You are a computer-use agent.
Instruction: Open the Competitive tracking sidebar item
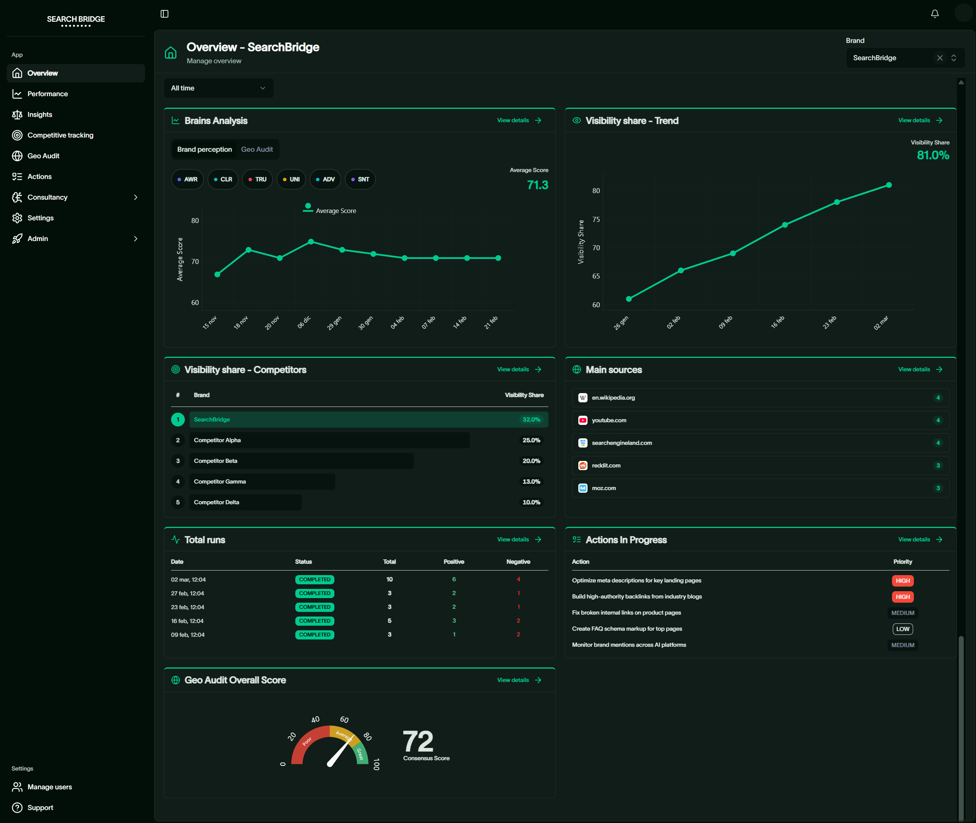tap(60, 135)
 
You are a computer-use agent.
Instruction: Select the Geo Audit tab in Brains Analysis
tap(257, 149)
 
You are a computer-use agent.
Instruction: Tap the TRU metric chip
tap(257, 179)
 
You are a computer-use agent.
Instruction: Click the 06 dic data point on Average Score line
tap(311, 242)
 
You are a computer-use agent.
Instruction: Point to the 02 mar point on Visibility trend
tap(889, 185)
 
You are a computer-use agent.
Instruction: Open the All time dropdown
tap(218, 88)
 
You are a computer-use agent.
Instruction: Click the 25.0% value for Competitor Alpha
tap(531, 440)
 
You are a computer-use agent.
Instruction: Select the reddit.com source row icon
tap(582, 466)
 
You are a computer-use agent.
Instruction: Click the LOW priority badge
tap(902, 629)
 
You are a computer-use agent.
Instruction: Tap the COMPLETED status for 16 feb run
tap(314, 621)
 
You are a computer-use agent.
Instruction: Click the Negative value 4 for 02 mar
tap(518, 579)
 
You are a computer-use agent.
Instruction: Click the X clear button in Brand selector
tap(940, 58)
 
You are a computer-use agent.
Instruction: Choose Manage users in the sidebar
tap(49, 787)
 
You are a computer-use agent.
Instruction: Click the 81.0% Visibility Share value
tap(933, 155)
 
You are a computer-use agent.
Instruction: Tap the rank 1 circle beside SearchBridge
tap(178, 420)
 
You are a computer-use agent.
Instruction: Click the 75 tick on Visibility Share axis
tap(596, 219)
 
